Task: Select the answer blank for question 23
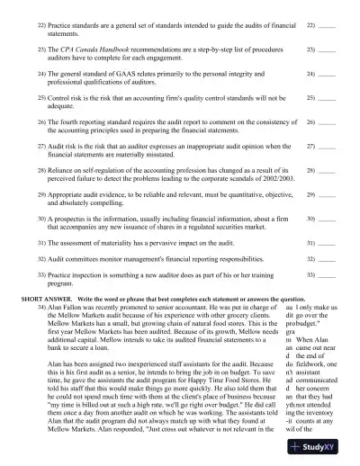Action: coord(327,46)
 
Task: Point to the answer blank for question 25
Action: coord(327,95)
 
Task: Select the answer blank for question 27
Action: coord(327,145)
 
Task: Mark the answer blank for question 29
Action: coord(327,194)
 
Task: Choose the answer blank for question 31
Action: coord(327,243)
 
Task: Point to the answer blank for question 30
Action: coord(327,219)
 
